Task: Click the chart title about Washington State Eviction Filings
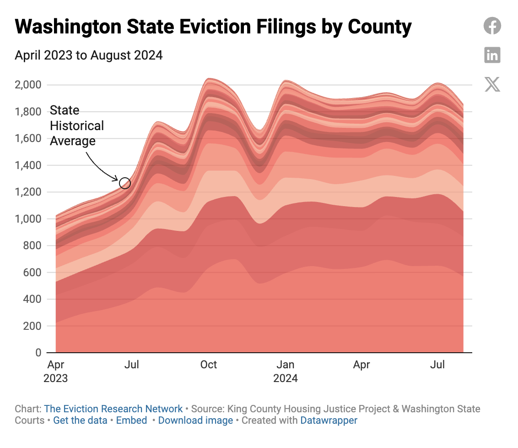pos(213,27)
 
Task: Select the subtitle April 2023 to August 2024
pos(89,56)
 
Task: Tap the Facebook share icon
pos(492,26)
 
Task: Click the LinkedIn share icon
pos(492,55)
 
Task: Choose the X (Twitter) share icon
pos(492,84)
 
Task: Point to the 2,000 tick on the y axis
pos(28,85)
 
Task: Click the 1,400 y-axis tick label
pos(28,165)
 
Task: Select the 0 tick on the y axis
pos(38,353)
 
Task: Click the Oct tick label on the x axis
pos(209,365)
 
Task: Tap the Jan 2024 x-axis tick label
pos(286,372)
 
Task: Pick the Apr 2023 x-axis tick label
pos(55,372)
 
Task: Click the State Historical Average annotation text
pos(76,126)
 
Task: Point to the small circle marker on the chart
pos(125,183)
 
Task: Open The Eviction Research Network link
pos(113,409)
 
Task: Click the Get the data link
pos(80,420)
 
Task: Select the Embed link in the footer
pos(131,420)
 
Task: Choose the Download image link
pos(195,420)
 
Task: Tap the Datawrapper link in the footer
pos(329,420)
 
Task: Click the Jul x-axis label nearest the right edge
pos(438,365)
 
